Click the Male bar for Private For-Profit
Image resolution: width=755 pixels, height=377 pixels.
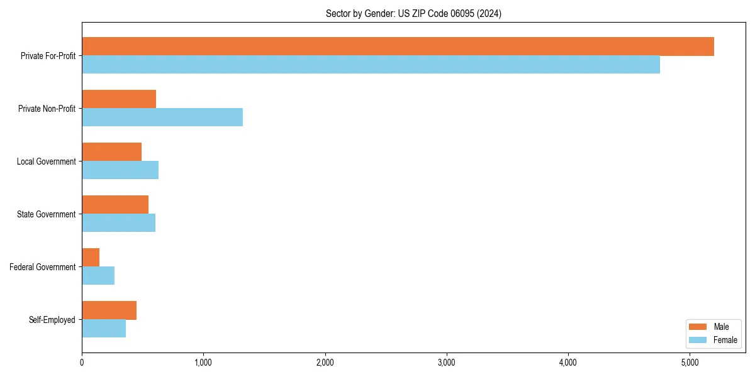point(398,46)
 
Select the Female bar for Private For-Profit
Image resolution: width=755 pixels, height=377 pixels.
point(371,65)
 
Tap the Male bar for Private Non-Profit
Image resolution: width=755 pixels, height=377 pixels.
point(119,99)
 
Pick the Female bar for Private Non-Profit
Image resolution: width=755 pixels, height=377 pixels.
point(162,117)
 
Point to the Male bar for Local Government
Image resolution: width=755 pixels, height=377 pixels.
point(111,152)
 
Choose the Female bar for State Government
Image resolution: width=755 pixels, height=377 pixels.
point(118,223)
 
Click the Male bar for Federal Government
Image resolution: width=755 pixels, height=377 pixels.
point(91,258)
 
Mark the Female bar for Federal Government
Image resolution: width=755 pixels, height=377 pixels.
point(98,276)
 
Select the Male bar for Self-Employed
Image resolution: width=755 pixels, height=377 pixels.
point(109,310)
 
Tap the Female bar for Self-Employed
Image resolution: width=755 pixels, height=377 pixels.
point(104,329)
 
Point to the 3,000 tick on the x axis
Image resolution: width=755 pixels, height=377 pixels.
point(446,363)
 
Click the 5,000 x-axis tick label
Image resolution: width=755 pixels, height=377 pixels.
point(690,363)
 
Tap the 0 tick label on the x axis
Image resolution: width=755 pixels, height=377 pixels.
point(82,363)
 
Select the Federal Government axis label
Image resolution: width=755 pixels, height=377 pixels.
point(43,267)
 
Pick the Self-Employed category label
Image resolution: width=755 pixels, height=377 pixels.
point(52,320)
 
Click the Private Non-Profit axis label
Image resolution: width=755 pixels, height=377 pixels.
point(47,109)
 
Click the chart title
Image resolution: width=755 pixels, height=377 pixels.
point(413,14)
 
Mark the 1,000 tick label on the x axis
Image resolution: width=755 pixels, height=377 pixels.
point(203,363)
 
